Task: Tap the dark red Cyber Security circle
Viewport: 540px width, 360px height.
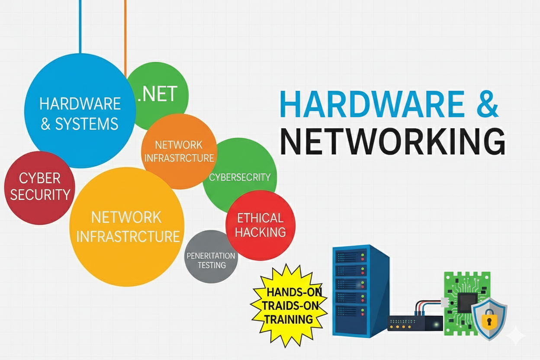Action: [39, 187]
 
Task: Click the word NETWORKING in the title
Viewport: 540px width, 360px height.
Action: [392, 141]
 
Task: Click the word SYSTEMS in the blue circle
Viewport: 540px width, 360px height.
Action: [87, 124]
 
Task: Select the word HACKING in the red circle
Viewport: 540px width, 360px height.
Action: [260, 232]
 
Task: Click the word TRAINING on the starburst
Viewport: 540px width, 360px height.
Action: [289, 320]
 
